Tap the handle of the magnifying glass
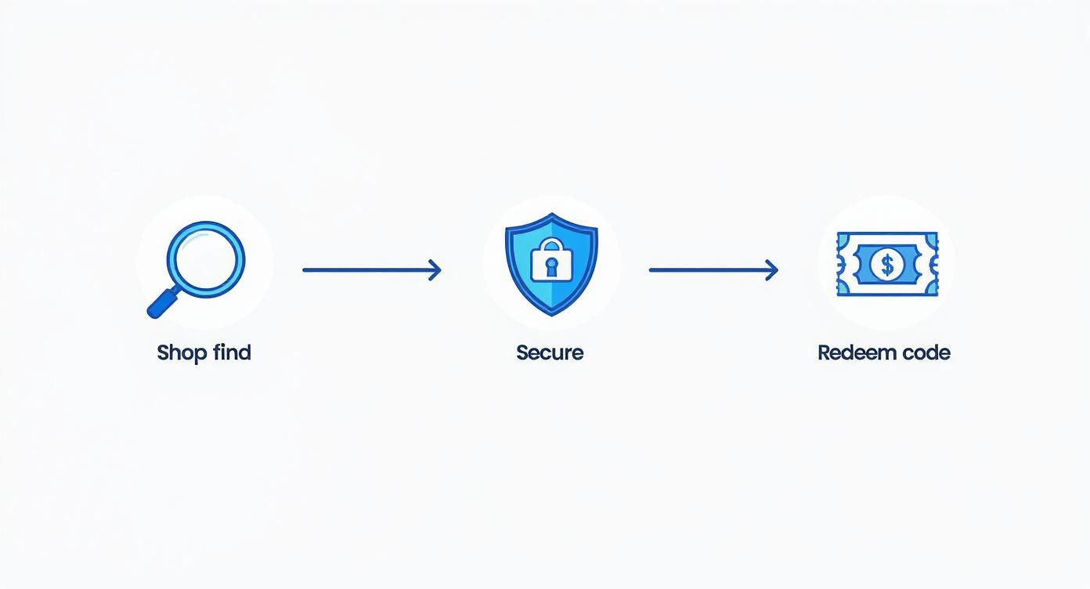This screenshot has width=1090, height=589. [162, 303]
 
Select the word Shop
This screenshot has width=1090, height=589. [181, 353]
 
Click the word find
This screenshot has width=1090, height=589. [232, 352]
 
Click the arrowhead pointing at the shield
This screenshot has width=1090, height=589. [436, 270]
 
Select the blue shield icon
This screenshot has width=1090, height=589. [551, 264]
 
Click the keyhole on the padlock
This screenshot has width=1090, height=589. [550, 266]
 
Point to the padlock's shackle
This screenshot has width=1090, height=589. [550, 245]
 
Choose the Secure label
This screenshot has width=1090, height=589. [550, 352]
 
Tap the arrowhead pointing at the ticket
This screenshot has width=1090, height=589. [773, 270]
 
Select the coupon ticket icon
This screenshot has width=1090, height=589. [886, 264]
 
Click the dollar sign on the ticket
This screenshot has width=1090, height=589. [886, 265]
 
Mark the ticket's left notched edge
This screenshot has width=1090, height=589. [841, 264]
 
